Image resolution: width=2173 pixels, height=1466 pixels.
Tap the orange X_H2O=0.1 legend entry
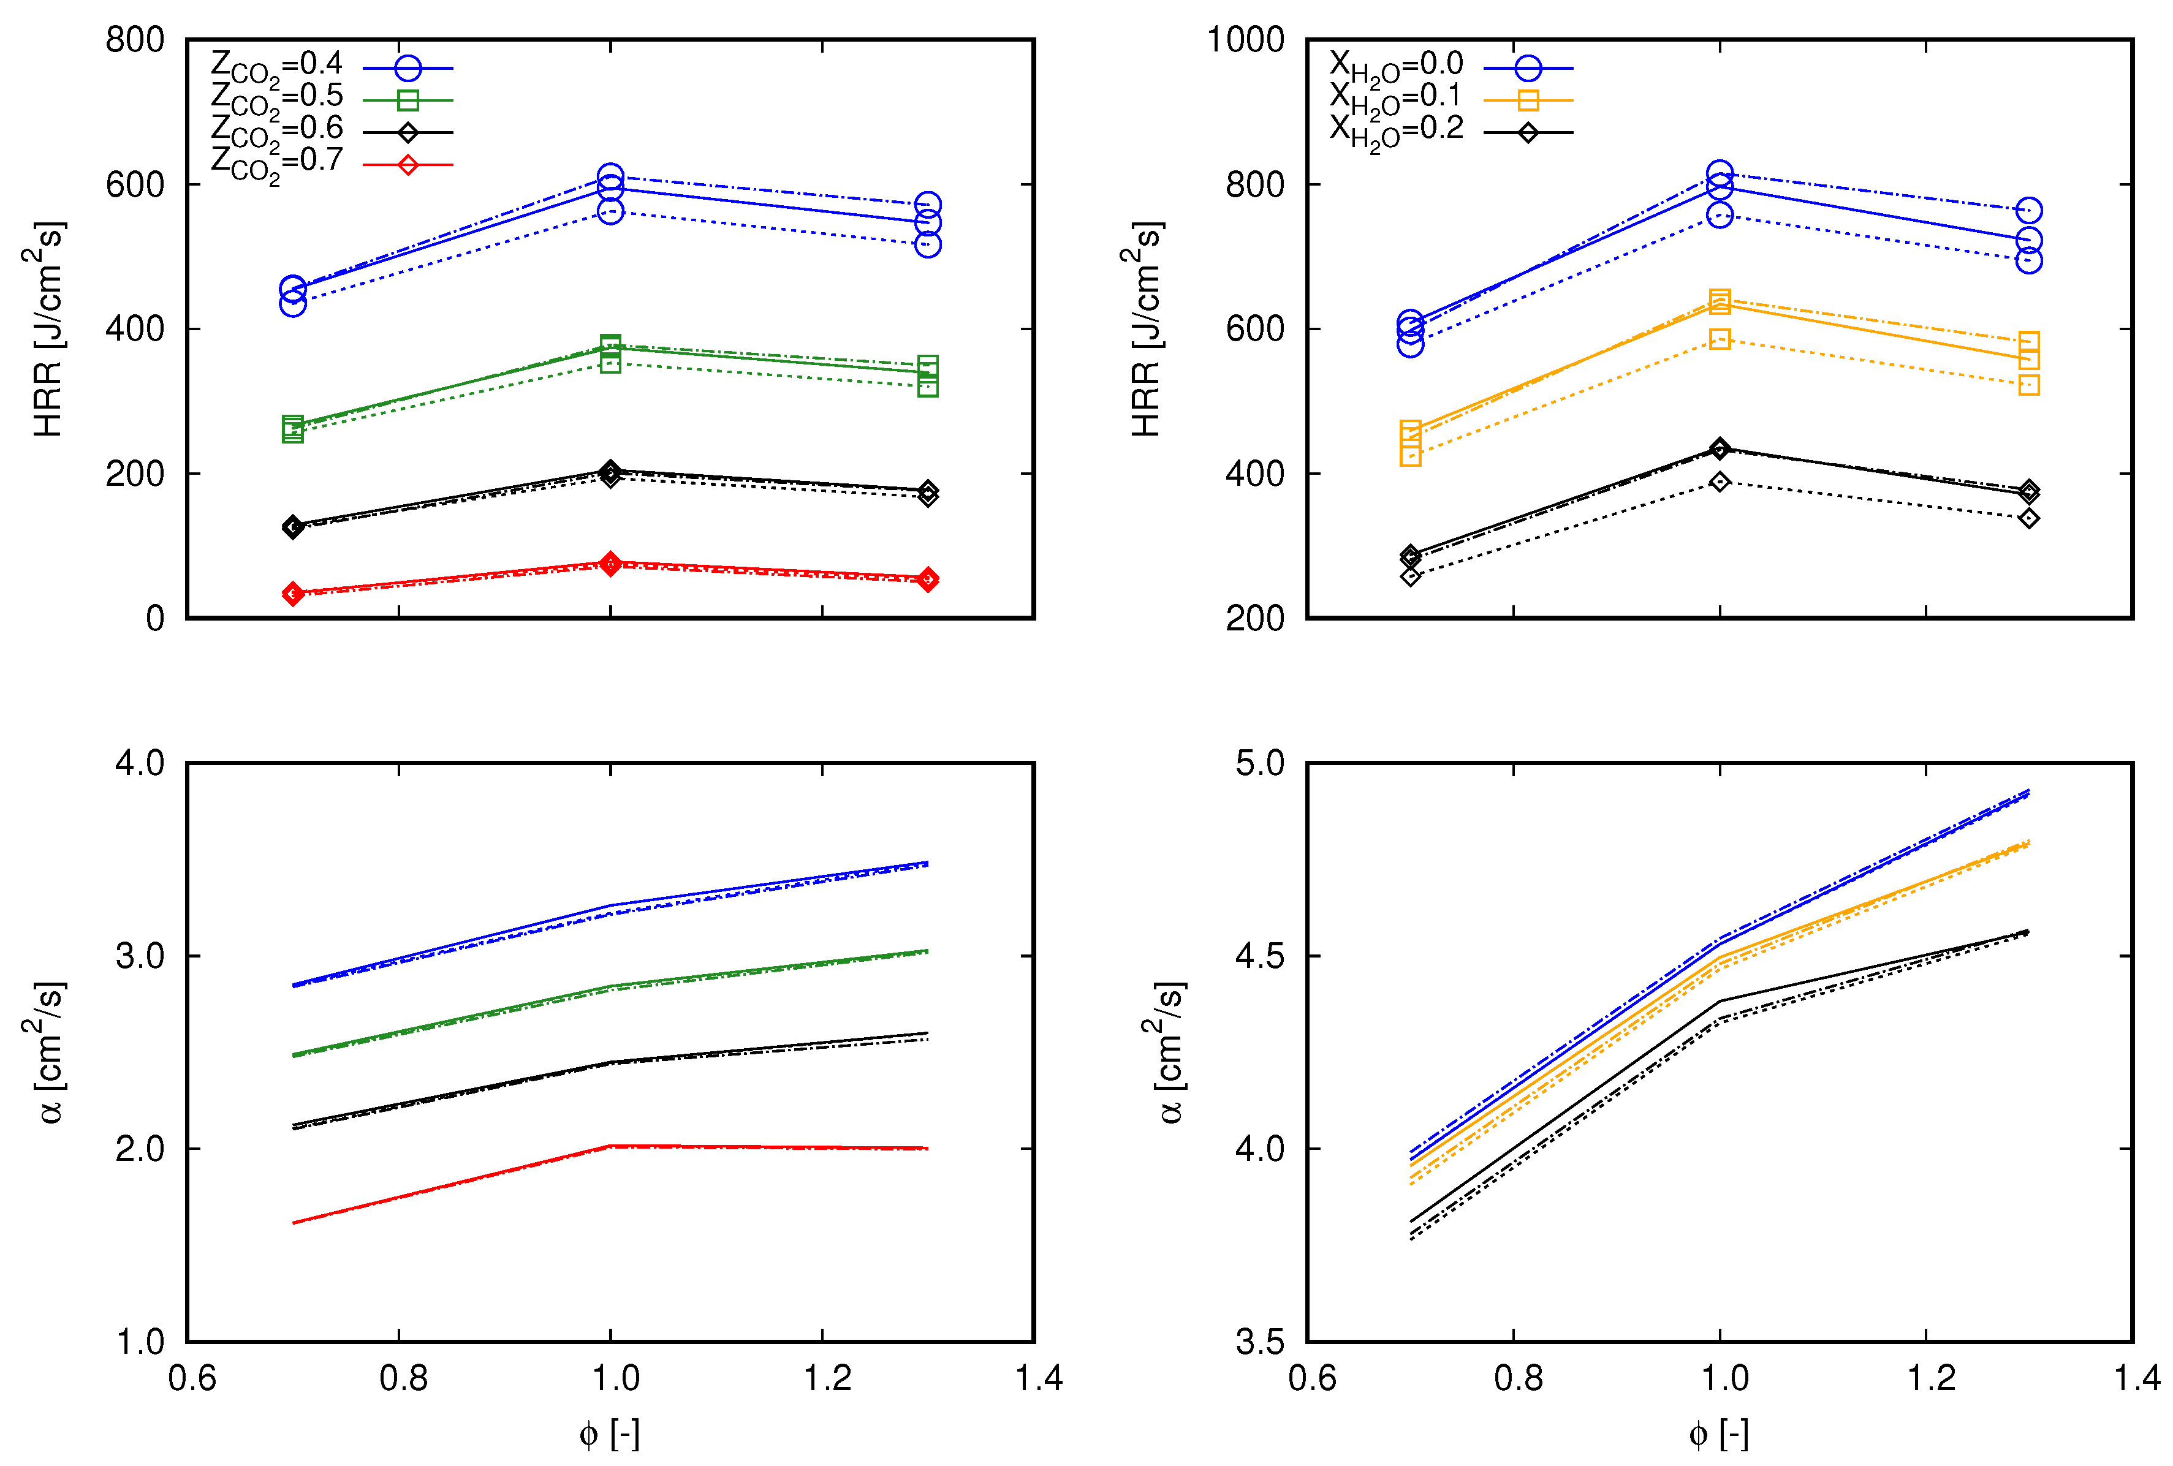1395,98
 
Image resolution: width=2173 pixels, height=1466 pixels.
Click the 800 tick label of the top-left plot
135,40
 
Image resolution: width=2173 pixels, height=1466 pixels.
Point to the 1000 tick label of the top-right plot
1245,40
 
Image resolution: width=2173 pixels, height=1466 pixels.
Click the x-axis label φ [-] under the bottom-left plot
610,1434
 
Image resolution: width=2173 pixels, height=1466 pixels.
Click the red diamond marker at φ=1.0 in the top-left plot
610,564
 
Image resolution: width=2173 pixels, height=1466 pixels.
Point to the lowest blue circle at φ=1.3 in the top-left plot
928,245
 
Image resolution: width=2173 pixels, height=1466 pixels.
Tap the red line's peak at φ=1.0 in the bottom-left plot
610,1146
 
